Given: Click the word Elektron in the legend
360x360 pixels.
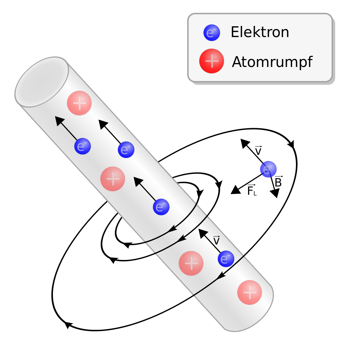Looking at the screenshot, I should (x=260, y=32).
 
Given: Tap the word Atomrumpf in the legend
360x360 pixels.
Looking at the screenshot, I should (x=272, y=62).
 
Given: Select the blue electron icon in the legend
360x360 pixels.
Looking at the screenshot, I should (x=212, y=33).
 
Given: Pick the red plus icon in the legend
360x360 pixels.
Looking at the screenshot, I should (x=212, y=61).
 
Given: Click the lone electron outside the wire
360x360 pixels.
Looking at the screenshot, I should (x=268, y=169).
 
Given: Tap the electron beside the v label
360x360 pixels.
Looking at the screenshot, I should (x=226, y=259).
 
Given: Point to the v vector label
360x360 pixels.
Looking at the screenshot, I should (x=216, y=240).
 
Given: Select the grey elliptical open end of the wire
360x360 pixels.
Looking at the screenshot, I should (x=42, y=82).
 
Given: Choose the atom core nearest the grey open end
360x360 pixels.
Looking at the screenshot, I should (x=79, y=103).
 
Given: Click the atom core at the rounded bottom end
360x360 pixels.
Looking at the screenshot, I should (x=249, y=292).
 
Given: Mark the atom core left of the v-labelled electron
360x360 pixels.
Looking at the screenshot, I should (x=191, y=263).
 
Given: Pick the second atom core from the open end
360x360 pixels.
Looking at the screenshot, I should (x=113, y=179).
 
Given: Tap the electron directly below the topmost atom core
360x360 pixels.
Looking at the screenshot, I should (x=82, y=146).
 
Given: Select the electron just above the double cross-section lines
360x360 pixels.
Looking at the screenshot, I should (x=161, y=207).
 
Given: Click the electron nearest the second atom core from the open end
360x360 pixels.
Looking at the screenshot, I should (x=126, y=150).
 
